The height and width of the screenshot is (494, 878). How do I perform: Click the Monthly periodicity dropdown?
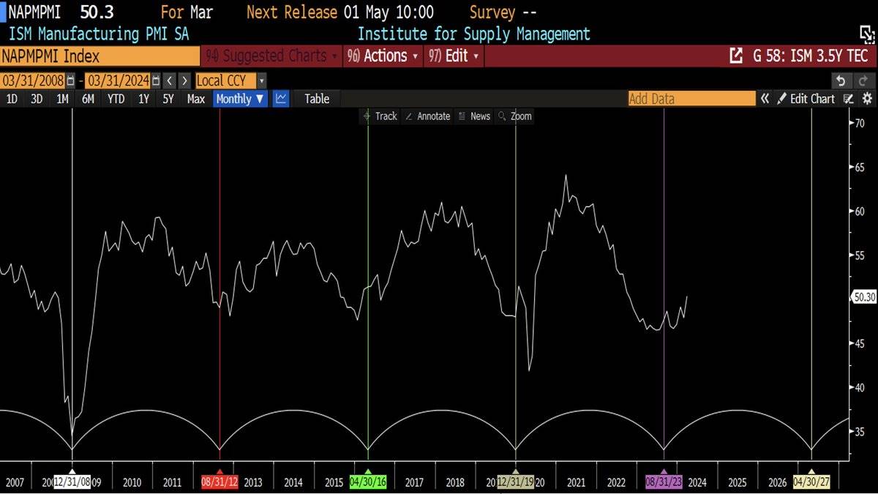(x=240, y=99)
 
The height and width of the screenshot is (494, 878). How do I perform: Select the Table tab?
(x=317, y=99)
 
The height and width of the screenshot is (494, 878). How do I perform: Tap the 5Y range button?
(x=168, y=99)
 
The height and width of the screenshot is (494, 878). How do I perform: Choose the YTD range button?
(x=116, y=99)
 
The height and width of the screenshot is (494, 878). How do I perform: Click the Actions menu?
(x=385, y=56)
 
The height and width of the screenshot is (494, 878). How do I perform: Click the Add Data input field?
(x=691, y=99)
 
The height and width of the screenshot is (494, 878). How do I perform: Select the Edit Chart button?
(x=806, y=99)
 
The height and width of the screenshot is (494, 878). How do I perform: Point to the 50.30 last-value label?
(x=864, y=297)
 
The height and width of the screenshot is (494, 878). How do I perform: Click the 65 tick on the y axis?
(x=861, y=168)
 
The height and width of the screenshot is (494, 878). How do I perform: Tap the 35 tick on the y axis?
(x=861, y=432)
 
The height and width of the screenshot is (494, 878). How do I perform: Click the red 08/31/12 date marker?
(x=220, y=482)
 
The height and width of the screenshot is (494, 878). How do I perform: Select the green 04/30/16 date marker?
(x=368, y=482)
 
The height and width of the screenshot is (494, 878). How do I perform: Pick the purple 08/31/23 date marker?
(x=664, y=482)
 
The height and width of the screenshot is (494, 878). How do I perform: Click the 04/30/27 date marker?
(x=811, y=482)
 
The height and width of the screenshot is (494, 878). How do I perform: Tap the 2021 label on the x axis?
(x=576, y=482)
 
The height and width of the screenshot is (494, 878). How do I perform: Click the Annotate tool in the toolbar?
(x=428, y=116)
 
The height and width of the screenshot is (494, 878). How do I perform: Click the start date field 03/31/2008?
(x=33, y=81)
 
